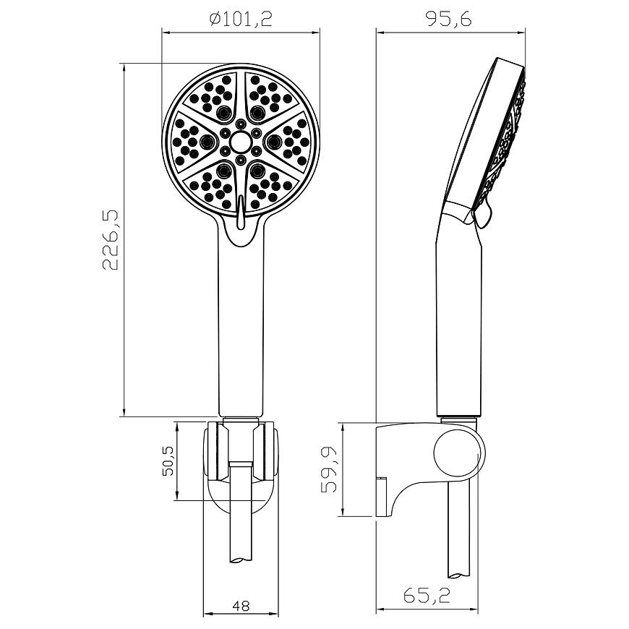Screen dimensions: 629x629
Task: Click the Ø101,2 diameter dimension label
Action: coord(241,19)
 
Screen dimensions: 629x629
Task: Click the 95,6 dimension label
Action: coord(449,19)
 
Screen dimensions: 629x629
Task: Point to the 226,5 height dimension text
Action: coord(111,239)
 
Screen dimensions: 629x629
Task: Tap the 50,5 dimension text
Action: coord(168,461)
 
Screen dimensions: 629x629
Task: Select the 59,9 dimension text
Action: coord(328,469)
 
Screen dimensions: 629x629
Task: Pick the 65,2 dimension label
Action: coord(427,595)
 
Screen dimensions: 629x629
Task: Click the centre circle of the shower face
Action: coord(241,141)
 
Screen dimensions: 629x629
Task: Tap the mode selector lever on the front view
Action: coord(241,212)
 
